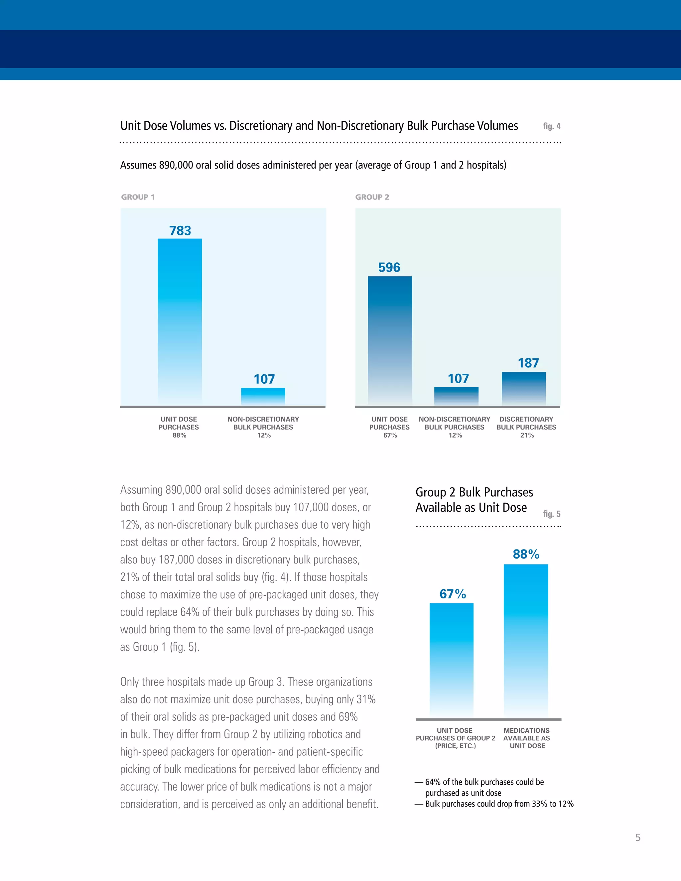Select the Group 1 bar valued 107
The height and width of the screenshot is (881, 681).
[263, 397]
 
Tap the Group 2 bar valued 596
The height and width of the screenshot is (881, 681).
[390, 340]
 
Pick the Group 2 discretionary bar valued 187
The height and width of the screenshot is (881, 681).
[523, 388]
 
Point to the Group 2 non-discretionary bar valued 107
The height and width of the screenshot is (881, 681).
[456, 396]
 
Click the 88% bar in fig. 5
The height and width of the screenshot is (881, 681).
[526, 641]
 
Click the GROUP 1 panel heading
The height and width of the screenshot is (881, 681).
[138, 197]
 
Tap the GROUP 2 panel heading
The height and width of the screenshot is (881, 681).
[372, 197]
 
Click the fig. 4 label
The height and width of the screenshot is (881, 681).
[552, 126]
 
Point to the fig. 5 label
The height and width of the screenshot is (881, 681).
[552, 514]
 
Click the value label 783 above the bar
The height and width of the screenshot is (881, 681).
[180, 231]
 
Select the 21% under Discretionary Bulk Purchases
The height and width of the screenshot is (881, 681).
[527, 435]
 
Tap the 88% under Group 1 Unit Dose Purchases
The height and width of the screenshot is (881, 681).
[179, 435]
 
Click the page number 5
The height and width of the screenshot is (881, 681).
[638, 838]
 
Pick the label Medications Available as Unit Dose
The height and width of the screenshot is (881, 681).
[527, 738]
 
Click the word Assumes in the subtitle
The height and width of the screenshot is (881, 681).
[138, 165]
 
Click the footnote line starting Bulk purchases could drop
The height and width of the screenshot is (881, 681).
[499, 804]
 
